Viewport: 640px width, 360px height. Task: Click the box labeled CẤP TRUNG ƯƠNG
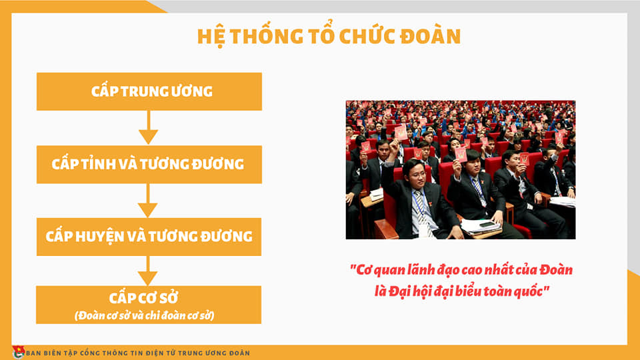point(149,91)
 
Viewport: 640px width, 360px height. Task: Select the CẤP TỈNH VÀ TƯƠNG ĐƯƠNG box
point(149,165)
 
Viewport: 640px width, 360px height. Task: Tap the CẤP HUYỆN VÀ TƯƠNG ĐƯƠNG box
point(149,237)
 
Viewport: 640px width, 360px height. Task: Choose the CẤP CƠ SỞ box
point(149,305)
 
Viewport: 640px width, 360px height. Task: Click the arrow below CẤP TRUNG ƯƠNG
point(148,127)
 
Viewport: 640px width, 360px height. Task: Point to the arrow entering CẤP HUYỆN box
point(148,201)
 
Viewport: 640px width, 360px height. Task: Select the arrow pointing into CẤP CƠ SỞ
point(148,271)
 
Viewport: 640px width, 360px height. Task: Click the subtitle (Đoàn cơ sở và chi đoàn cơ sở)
point(145,315)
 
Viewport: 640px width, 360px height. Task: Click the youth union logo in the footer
point(18,352)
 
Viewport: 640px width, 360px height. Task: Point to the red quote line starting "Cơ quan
point(461,270)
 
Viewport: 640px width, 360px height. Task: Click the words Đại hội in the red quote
point(411,291)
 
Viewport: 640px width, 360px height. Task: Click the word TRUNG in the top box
point(148,91)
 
